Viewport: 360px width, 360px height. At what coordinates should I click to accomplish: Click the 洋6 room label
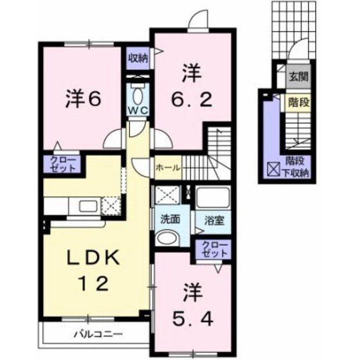click(x=84, y=100)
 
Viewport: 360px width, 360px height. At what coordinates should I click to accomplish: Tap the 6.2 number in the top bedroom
click(x=192, y=100)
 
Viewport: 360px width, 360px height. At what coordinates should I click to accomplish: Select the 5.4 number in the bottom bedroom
click(x=192, y=319)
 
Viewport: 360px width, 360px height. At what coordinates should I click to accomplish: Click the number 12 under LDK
click(x=93, y=283)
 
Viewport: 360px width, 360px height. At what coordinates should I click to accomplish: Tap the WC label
click(x=138, y=111)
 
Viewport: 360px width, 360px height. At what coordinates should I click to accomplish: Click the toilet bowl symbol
click(x=138, y=96)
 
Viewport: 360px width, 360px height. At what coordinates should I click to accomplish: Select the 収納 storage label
click(x=138, y=59)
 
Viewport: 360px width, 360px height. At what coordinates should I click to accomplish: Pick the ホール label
click(x=168, y=168)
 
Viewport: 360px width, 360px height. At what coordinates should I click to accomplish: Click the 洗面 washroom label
click(x=170, y=220)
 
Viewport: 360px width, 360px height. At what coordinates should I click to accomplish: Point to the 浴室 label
click(x=214, y=221)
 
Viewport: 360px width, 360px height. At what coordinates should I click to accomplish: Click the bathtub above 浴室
click(x=213, y=197)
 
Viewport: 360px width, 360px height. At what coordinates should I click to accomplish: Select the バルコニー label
click(x=98, y=334)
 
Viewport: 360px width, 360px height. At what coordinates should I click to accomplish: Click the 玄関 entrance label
click(x=298, y=76)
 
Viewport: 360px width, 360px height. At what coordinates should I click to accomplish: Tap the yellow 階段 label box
click(x=298, y=102)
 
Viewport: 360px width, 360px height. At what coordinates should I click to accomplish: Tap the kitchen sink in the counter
click(x=88, y=206)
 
